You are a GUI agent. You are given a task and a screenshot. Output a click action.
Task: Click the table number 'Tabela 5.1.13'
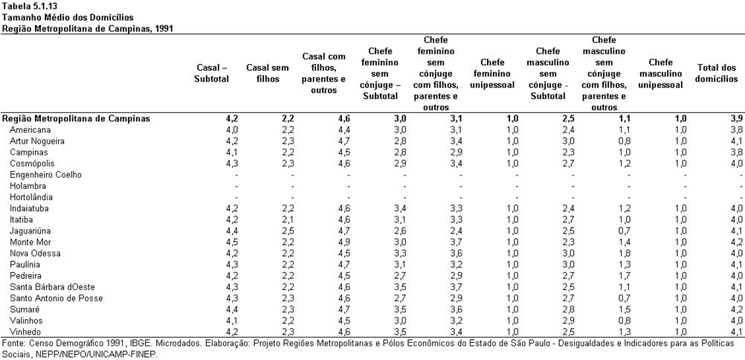(x=26, y=6)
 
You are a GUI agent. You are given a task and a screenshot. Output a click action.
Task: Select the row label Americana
(x=30, y=130)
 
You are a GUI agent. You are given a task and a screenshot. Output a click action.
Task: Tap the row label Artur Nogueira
(x=37, y=141)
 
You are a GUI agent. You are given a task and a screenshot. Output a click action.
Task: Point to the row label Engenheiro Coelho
(x=45, y=175)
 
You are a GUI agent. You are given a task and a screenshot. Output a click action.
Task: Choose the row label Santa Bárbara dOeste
(x=52, y=287)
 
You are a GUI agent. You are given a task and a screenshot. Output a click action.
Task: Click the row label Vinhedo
(x=25, y=332)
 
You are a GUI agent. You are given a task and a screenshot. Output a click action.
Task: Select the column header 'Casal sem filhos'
(x=268, y=74)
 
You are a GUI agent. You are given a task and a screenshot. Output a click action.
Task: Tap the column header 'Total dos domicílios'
(x=717, y=74)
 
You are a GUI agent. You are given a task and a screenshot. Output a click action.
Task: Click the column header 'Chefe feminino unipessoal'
(x=492, y=74)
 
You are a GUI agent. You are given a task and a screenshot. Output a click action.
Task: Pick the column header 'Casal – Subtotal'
(x=211, y=74)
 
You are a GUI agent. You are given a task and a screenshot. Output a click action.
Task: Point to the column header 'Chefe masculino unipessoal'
(x=660, y=74)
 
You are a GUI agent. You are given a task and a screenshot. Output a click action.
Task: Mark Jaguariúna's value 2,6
(x=401, y=231)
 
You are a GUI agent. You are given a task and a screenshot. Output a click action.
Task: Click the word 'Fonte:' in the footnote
(x=13, y=344)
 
